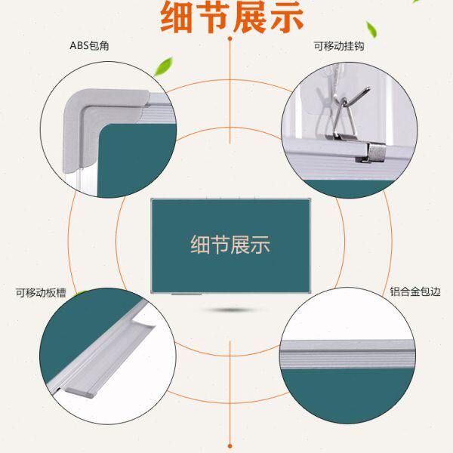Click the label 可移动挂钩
pyautogui.click(x=340, y=46)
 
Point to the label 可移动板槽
pyautogui.click(x=41, y=291)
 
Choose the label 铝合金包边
pyautogui.click(x=414, y=291)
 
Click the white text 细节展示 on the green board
pyautogui.click(x=230, y=245)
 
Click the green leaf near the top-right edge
pyautogui.click(x=371, y=30)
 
